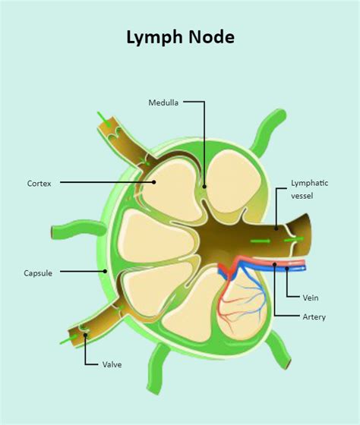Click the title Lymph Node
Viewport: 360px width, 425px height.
[180, 37]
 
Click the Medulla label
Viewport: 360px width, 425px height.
[164, 102]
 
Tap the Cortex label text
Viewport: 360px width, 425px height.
[39, 183]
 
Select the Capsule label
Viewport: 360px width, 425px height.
[38, 272]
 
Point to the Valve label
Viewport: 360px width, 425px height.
[112, 364]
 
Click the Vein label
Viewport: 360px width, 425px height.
[311, 298]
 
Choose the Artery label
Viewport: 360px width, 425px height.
[314, 316]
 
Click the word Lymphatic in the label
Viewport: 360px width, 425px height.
[310, 183]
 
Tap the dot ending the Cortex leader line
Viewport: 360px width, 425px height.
[153, 182]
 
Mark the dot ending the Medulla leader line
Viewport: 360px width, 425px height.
[204, 184]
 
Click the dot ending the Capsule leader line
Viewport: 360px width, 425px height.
[106, 272]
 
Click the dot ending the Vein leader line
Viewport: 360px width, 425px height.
[287, 267]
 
